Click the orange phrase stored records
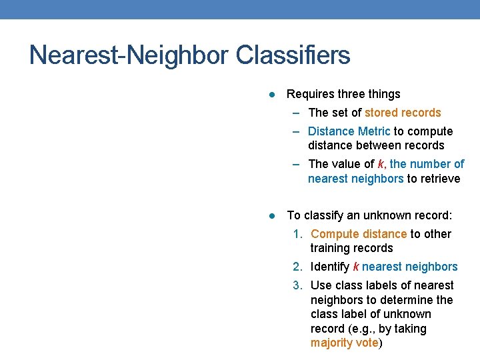click(403, 113)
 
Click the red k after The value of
click(381, 164)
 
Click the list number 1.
click(297, 234)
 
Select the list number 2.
click(297, 267)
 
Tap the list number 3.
click(297, 285)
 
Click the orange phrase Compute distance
click(359, 234)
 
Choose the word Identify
click(330, 267)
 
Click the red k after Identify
click(356, 267)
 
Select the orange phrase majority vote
click(344, 343)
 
